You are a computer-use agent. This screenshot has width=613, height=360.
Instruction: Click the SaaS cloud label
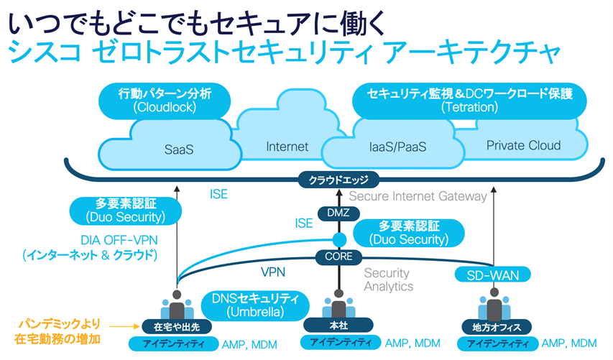click(x=178, y=151)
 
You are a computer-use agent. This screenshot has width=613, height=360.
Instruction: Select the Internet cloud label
click(x=287, y=147)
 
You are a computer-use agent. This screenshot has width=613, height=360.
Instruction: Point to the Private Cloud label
click(x=523, y=145)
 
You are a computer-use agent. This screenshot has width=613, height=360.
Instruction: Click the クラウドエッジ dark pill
click(x=338, y=181)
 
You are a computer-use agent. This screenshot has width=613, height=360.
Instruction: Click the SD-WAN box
click(x=492, y=274)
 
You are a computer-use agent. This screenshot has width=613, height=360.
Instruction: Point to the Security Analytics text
click(x=388, y=280)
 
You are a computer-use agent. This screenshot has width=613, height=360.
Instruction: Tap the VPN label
click(x=273, y=273)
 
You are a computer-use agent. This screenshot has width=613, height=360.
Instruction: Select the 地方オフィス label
click(x=494, y=328)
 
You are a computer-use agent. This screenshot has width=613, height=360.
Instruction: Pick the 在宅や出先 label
click(x=175, y=324)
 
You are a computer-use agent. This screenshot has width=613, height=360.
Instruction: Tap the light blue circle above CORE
click(x=337, y=239)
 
